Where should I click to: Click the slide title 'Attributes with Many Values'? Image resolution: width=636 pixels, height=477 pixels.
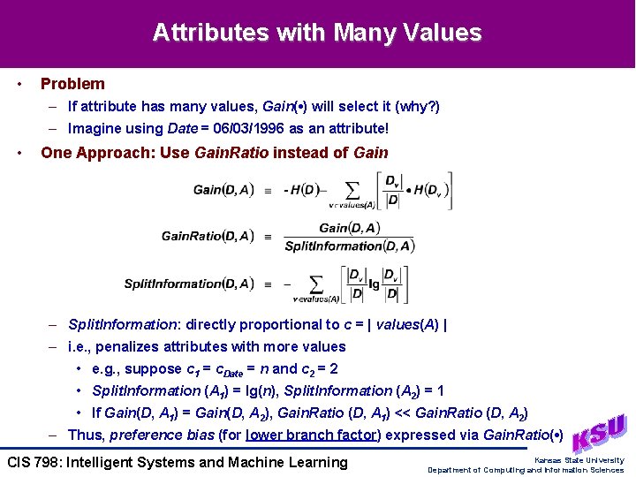point(317,34)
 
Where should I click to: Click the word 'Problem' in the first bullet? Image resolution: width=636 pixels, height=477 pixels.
point(72,84)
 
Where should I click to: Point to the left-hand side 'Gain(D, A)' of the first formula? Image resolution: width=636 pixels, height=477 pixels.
point(223,189)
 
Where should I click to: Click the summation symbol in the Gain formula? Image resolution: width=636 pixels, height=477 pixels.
point(352,189)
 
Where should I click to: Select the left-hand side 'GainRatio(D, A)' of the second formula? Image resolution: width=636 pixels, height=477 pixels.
point(208,236)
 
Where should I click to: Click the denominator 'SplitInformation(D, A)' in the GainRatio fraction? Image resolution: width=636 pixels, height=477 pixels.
point(349,246)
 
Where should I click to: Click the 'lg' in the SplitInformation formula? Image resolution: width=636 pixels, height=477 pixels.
point(374,284)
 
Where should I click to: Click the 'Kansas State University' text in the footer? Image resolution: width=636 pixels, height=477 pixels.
point(579,460)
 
